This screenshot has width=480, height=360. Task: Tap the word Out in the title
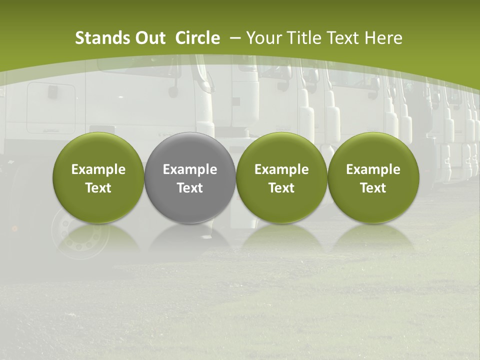(149, 38)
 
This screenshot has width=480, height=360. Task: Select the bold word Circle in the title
(197, 38)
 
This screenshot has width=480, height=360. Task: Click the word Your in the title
(263, 38)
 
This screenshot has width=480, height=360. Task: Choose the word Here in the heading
(384, 38)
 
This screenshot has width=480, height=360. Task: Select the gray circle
(190, 178)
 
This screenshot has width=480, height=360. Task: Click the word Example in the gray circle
(190, 169)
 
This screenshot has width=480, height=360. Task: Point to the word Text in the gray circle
(190, 188)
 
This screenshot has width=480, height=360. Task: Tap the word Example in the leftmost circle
(98, 169)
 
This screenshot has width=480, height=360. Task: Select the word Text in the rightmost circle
(373, 188)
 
